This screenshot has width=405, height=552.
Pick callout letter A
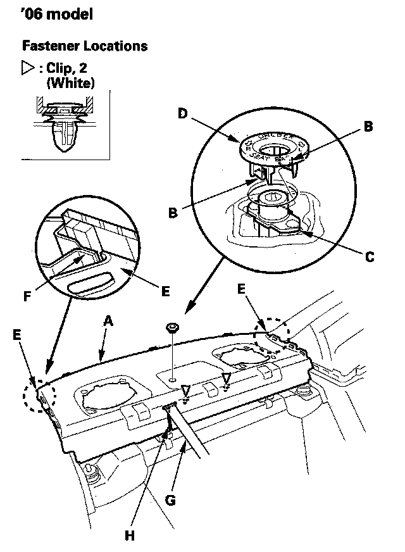coord(108,322)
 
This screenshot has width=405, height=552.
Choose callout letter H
coord(129,535)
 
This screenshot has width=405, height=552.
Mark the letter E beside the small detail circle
coord(165,292)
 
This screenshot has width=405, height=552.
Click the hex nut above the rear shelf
coord(171,328)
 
